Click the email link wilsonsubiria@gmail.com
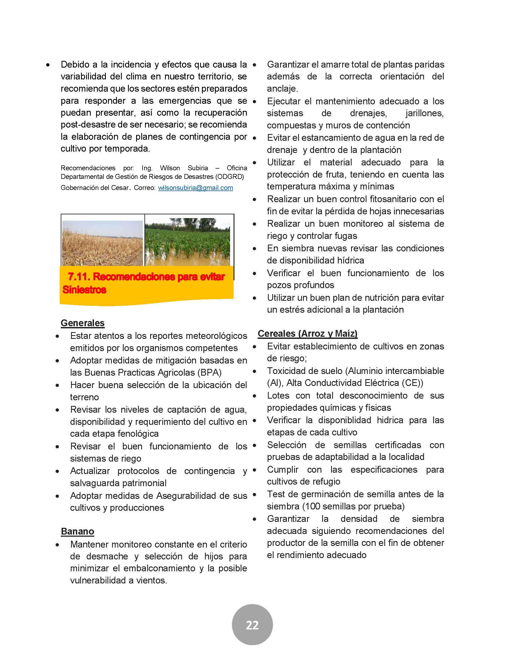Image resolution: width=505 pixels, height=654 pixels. point(195,188)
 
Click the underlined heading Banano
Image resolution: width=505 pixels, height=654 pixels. point(77,531)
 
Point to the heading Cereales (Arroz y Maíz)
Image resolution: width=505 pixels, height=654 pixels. point(308,333)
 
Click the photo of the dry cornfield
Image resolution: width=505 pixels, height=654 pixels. point(102,243)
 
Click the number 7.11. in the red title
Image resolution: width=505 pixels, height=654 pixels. point(79,276)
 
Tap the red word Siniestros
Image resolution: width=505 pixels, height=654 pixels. point(84,289)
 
